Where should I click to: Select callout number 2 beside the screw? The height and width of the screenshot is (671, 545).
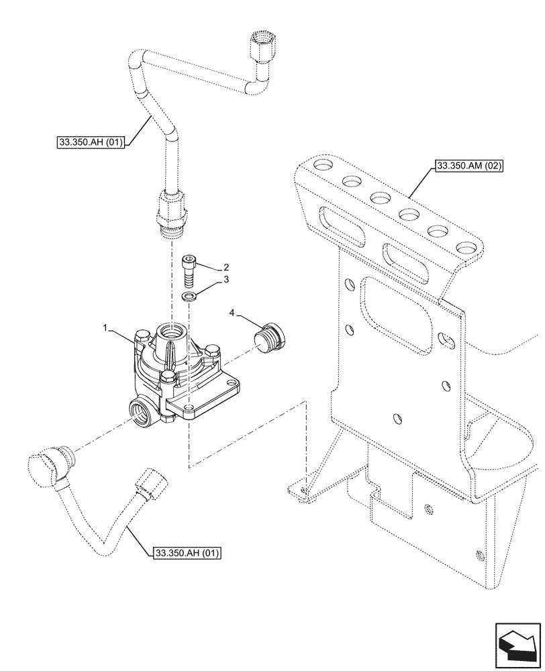[226, 266]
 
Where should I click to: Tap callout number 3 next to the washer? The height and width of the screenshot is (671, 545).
[226, 279]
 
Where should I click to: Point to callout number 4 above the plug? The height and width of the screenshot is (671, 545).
[231, 313]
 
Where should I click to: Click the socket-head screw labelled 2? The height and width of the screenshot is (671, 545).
[190, 270]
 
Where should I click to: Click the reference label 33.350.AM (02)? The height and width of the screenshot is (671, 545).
[470, 165]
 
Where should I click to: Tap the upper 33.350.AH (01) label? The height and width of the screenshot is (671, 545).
[87, 142]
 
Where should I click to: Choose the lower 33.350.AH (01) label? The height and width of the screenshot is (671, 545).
[185, 553]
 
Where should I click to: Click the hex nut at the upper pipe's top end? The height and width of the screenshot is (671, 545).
[259, 45]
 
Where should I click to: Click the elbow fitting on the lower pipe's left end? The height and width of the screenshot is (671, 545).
[49, 466]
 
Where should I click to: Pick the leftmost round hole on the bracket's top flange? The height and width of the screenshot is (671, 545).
[321, 166]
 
